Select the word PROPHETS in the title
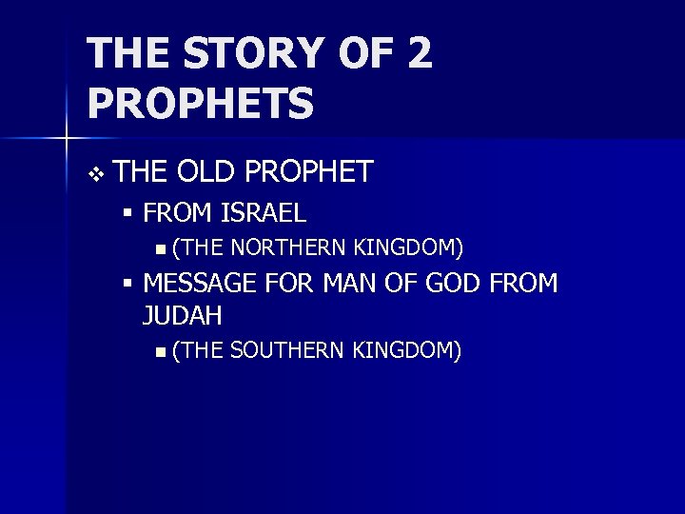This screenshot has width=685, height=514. point(200,103)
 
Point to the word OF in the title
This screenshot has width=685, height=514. point(366,53)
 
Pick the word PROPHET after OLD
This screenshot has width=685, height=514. point(309,172)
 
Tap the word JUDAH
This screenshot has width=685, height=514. point(183,314)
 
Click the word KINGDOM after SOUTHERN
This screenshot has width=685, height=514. point(407,350)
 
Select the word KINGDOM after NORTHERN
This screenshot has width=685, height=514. point(408,249)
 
